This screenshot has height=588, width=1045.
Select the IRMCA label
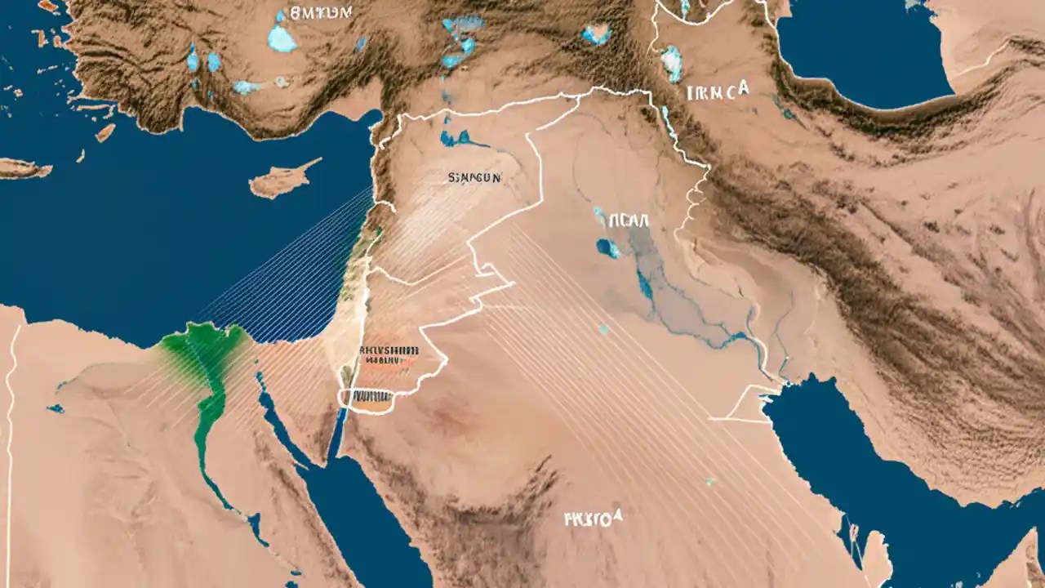pos(718,92)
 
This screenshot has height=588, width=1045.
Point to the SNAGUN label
pos(474,176)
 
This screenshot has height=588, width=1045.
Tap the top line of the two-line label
pos(389,349)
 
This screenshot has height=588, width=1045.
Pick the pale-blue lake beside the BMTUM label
pos(282,38)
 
